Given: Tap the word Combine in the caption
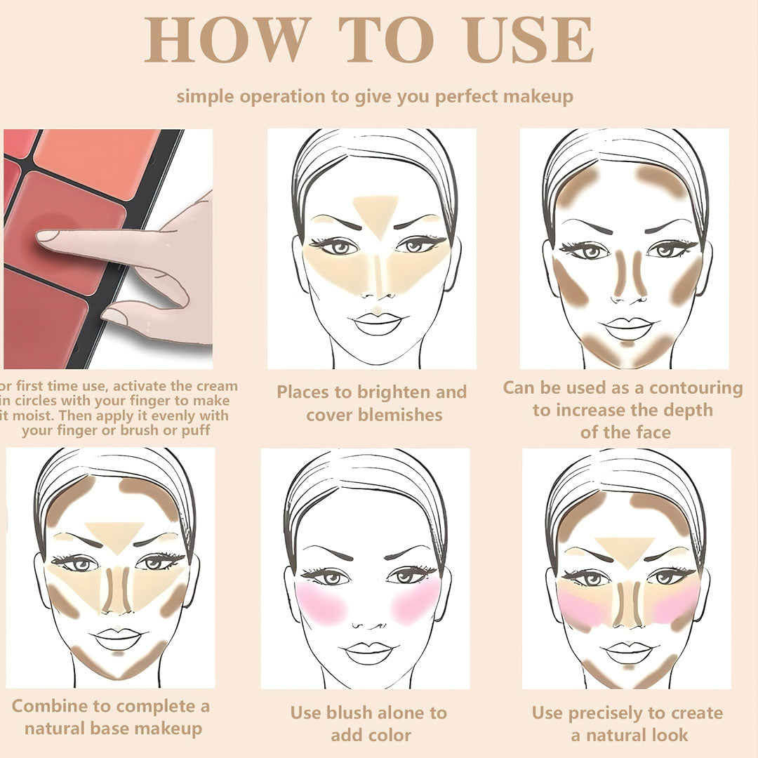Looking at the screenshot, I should pos(53,705).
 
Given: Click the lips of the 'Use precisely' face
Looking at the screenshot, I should pos(626,651).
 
